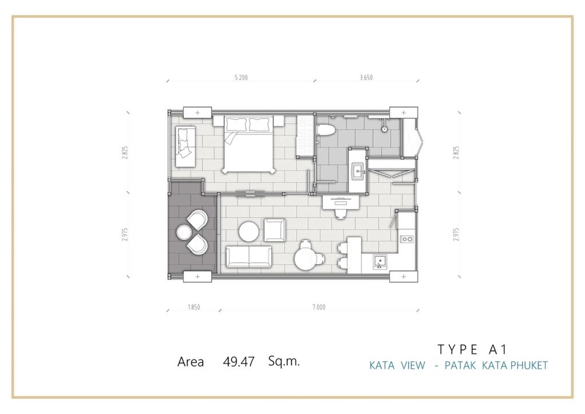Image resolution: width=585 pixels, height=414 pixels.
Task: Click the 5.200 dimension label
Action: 241,78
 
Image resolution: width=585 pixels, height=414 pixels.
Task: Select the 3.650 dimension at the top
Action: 366,78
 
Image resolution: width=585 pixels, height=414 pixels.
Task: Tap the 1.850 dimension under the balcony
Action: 194,307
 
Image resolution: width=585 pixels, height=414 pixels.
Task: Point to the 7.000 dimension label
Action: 319,307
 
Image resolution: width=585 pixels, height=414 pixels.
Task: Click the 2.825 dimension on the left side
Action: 125,152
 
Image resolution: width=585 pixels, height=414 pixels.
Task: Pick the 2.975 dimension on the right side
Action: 456,234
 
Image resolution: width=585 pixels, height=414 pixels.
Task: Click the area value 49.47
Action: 239,361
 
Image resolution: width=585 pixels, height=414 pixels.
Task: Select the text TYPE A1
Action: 472,349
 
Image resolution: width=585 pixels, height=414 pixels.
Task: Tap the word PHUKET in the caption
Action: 529,365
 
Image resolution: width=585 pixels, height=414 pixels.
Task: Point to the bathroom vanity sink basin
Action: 358,172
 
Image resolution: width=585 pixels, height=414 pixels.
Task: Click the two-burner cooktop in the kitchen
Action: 406,239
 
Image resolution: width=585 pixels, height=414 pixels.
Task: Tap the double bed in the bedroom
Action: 249,145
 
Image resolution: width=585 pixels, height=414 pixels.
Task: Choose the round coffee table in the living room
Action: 249,232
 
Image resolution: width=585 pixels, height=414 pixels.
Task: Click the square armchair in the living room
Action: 275,230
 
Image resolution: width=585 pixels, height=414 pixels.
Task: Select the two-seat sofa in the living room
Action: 249,257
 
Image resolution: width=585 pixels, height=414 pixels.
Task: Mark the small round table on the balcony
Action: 183,232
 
